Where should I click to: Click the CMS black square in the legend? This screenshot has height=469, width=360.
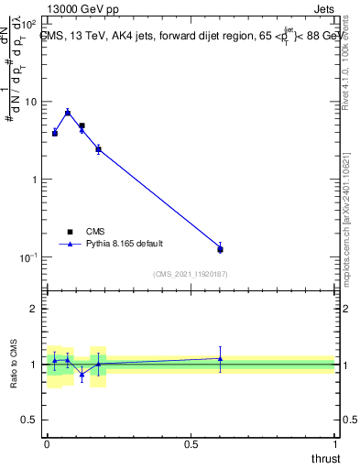click(x=70, y=232)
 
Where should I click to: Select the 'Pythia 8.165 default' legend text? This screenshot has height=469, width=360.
click(x=125, y=244)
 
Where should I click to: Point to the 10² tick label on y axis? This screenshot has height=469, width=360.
click(x=27, y=21)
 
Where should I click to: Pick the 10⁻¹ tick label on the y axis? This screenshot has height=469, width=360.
click(x=27, y=257)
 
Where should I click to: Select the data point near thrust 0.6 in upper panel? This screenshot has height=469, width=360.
click(x=220, y=249)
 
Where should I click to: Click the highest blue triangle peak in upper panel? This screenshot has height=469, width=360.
click(x=68, y=112)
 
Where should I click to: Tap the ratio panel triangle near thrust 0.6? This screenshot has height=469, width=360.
click(x=220, y=358)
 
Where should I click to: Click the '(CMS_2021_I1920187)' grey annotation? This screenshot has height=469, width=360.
click(x=190, y=274)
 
